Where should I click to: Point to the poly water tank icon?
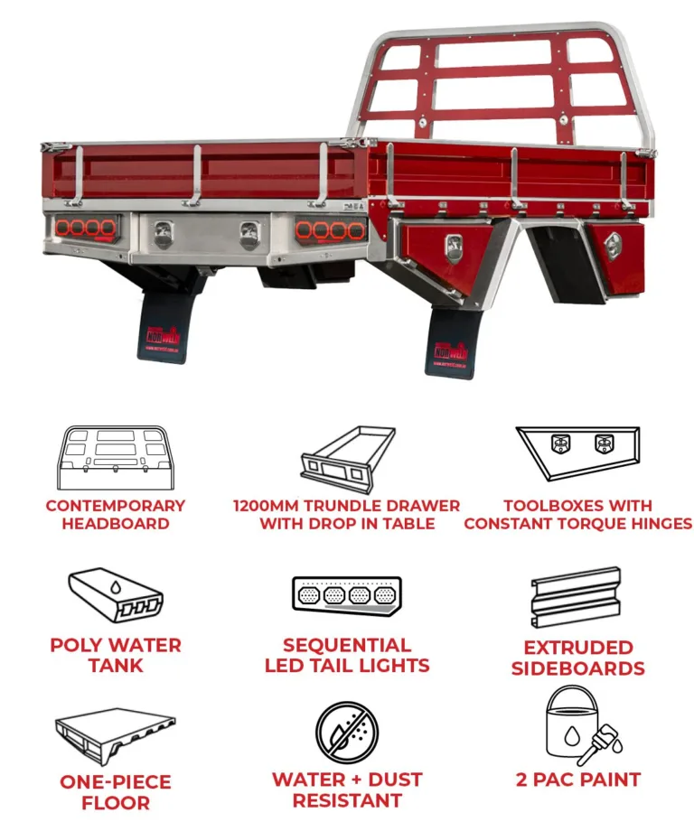coord(116,596)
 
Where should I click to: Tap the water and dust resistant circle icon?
coord(347,732)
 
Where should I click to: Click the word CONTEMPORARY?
coord(116,506)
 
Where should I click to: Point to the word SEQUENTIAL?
coord(347,645)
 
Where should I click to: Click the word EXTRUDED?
coord(578,648)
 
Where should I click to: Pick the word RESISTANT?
coord(347,799)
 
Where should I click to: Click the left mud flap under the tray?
coord(164,329)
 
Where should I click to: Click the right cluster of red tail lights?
coord(330,229)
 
